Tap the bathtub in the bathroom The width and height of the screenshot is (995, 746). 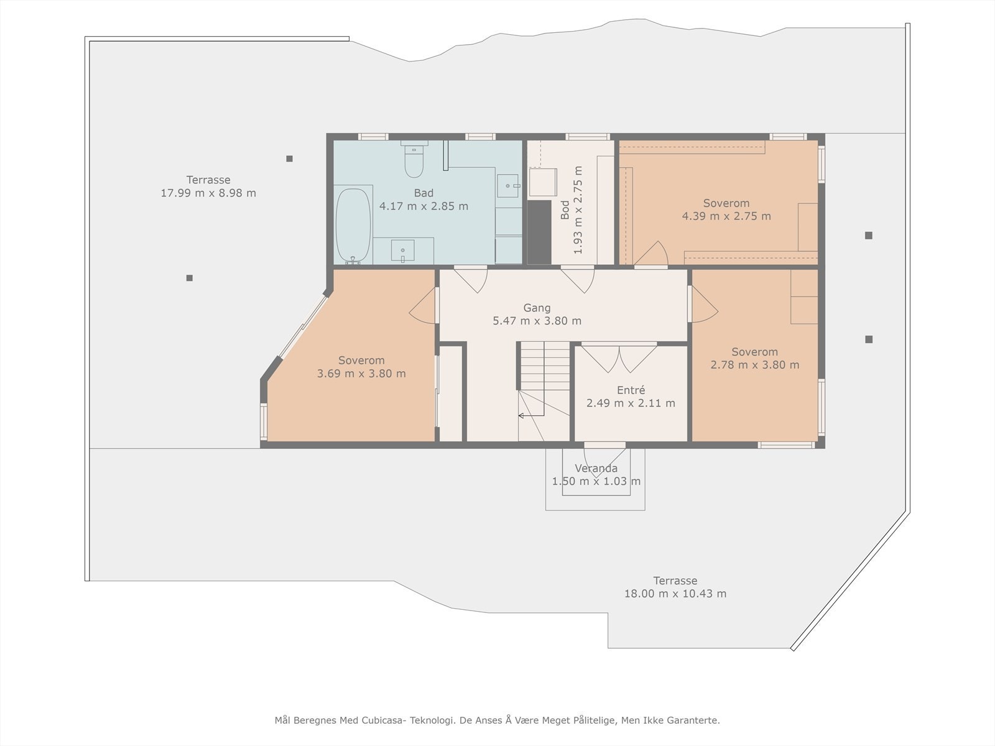click(x=353, y=226)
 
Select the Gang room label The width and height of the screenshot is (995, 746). click(x=537, y=308)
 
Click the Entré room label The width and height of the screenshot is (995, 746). click(x=631, y=390)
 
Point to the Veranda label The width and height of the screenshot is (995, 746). click(x=596, y=468)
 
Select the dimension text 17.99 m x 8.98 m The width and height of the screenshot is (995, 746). click(x=208, y=193)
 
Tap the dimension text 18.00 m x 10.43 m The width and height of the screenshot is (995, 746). click(x=675, y=593)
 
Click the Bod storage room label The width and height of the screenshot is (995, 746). click(x=565, y=210)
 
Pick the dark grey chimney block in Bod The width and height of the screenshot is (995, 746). click(x=539, y=232)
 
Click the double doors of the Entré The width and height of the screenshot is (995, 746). click(x=619, y=358)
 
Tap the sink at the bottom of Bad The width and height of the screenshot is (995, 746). click(x=402, y=251)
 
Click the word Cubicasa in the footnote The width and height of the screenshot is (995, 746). click(x=382, y=720)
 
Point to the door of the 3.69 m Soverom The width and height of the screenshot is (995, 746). click(x=423, y=305)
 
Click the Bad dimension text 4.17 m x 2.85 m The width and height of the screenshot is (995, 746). click(x=423, y=206)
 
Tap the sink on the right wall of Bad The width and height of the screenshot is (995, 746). click(x=508, y=186)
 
